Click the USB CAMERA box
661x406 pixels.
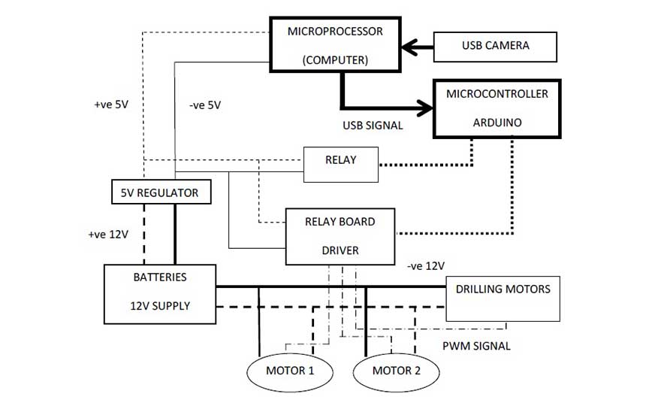[495, 46]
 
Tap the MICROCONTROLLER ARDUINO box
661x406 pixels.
[497, 108]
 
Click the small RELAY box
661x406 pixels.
[340, 164]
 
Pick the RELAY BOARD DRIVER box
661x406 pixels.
[340, 236]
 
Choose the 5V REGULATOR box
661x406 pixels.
[160, 192]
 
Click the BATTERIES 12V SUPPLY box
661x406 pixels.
[160, 293]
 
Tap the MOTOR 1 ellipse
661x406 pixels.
[290, 371]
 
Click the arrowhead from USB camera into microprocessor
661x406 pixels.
[409, 47]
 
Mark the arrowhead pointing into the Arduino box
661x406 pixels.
[427, 108]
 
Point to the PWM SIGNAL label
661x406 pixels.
[475, 346]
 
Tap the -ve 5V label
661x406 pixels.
[205, 105]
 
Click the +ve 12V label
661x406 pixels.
[108, 234]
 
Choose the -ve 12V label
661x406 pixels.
[426, 266]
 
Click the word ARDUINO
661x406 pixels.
[497, 122]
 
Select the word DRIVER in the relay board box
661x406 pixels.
[340, 250]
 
